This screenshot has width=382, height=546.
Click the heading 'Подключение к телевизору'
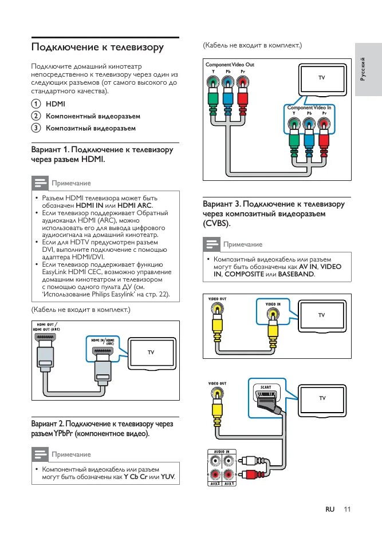pos(97,47)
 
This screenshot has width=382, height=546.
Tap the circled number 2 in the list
pos(36,116)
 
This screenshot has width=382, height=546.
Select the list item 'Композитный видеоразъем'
pos(90,128)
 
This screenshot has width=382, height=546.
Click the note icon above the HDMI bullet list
pos(40,183)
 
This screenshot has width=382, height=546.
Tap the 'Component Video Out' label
pos(230,65)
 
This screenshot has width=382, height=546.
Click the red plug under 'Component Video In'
pos(325,139)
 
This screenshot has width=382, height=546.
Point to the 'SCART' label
pos(266,387)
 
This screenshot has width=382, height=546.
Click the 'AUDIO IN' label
pos(222,452)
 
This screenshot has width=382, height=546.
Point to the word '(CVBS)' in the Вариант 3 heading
pos(215,223)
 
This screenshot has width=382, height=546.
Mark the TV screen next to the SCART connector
pos(322,398)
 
